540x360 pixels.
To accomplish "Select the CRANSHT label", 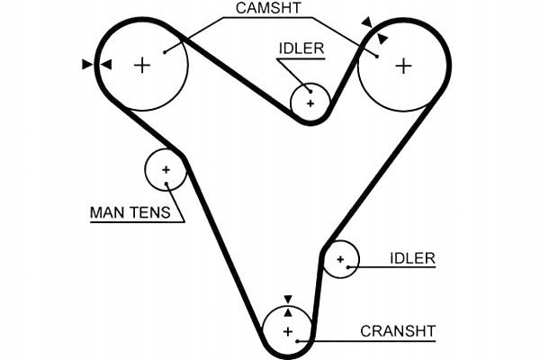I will (x=398, y=330).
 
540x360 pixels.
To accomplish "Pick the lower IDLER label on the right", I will (x=412, y=259).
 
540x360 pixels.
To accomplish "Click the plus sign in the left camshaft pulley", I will (x=142, y=64).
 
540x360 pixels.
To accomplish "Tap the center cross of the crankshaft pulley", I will (x=288, y=332).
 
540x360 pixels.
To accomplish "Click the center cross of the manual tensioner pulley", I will (x=166, y=169).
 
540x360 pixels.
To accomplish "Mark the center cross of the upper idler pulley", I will (x=310, y=103).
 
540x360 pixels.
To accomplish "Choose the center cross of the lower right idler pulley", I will (x=340, y=260).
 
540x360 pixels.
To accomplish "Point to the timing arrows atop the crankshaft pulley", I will (x=288, y=305).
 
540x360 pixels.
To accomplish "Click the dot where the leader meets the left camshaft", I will (x=166, y=50).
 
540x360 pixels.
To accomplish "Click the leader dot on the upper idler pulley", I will (x=310, y=89).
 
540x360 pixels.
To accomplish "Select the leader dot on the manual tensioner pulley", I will (x=168, y=185).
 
